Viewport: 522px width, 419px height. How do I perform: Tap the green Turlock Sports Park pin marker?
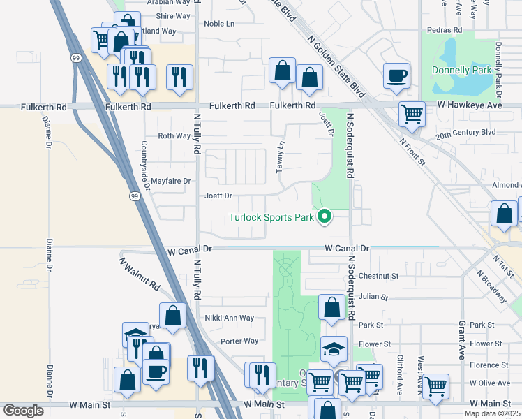pos(324,217)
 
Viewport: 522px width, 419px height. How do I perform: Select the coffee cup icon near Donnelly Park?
pos(396,75)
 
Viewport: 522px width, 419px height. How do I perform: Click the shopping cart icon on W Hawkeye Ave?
pos(412,112)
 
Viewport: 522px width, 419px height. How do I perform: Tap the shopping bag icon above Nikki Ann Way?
pos(172,315)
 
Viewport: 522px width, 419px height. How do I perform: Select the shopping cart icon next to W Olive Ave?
pos(435,385)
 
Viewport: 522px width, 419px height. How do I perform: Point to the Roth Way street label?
pos(174,136)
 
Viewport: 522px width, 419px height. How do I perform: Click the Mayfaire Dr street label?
pos(171,180)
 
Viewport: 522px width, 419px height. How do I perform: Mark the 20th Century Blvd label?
pos(465,132)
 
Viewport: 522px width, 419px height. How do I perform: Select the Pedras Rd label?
pos(447,30)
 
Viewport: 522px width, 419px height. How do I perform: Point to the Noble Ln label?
pos(218,24)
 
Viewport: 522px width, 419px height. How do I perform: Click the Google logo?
pos(23,411)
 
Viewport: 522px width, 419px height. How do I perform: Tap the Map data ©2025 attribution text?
pos(492,413)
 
